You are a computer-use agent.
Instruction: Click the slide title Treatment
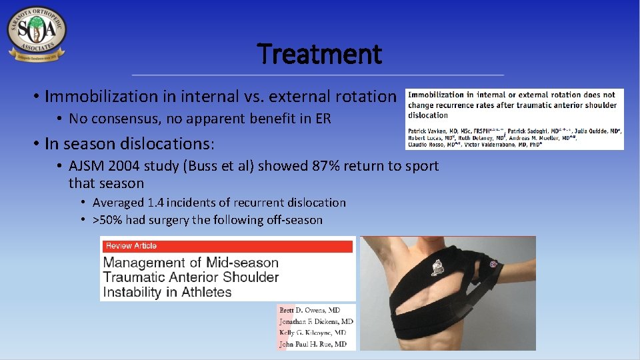tap(319, 54)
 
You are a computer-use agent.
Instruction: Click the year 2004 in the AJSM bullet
tap(120, 166)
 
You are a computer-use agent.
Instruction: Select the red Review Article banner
tap(227, 246)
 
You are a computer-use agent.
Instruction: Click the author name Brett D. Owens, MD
tap(309, 311)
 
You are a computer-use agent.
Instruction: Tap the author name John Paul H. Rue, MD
tap(313, 344)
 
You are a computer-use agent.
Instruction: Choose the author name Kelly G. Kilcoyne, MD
tap(313, 333)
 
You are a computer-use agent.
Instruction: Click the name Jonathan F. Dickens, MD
tap(316, 321)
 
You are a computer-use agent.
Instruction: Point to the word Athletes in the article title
tap(203, 292)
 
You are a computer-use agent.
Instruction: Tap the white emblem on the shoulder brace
tap(438, 266)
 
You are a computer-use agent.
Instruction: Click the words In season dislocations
tap(127, 143)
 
